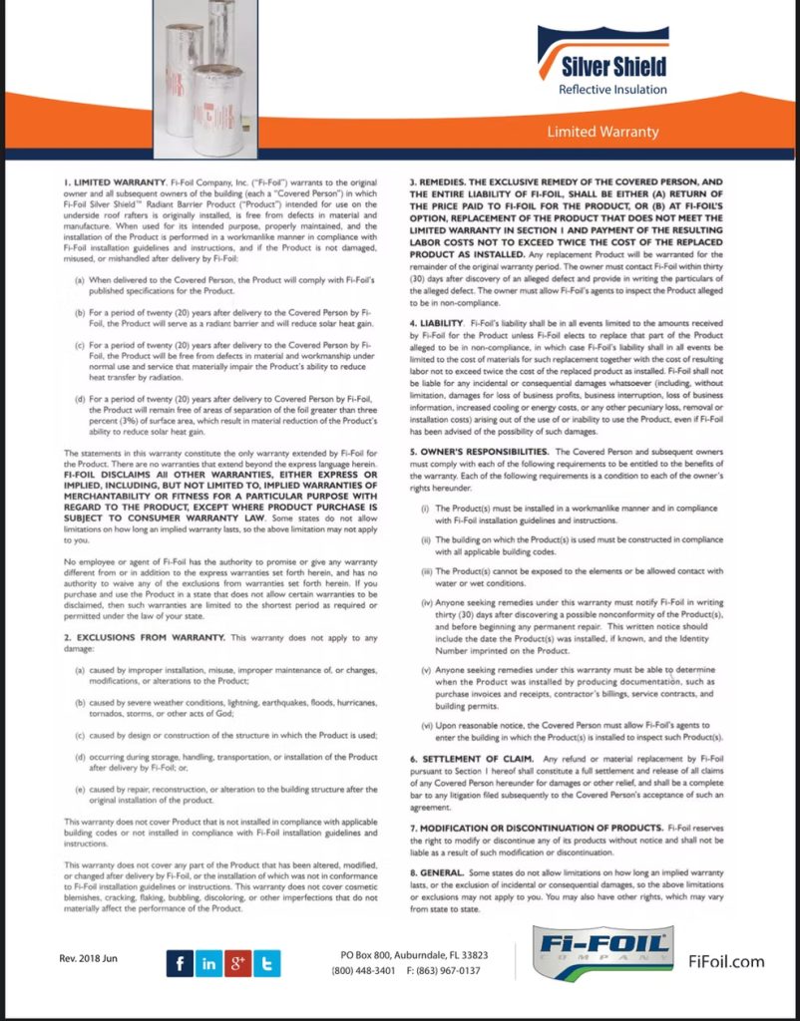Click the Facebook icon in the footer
tap(180, 963)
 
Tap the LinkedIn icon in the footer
tap(208, 963)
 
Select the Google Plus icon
tap(238, 963)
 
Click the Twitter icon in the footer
tap(267, 963)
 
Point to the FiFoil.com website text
tap(726, 961)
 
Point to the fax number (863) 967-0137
tap(443, 970)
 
